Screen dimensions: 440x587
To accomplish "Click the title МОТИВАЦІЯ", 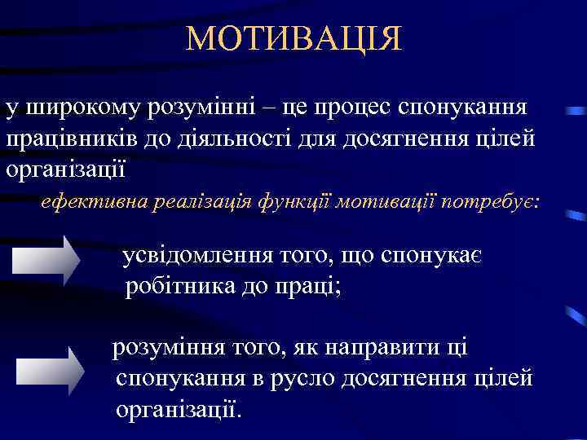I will tap(293, 39).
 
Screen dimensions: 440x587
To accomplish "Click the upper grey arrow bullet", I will tap(46, 260).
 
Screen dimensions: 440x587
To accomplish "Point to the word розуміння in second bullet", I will tap(169, 348).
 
